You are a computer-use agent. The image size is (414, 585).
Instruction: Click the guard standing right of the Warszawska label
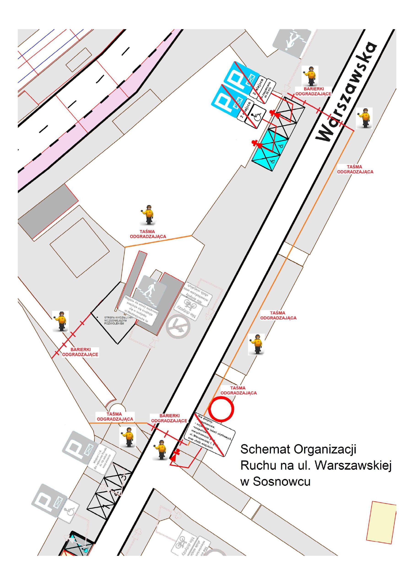tap(364, 118)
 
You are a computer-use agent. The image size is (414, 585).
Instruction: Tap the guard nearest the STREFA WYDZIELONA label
tap(60, 321)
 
